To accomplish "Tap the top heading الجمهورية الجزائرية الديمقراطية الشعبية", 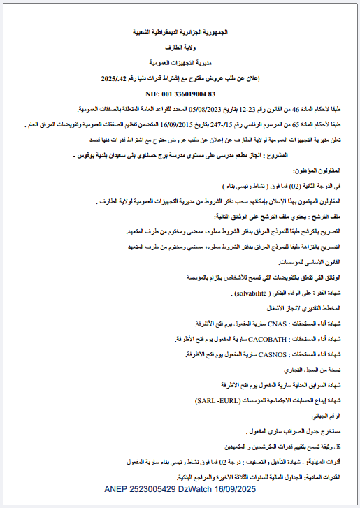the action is [180, 33].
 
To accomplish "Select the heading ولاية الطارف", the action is [180, 48].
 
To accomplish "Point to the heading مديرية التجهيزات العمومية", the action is [180, 63].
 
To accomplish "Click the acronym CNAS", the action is [280, 325].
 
